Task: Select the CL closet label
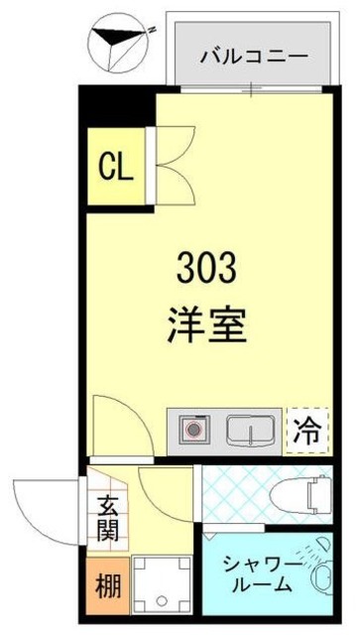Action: (x=114, y=167)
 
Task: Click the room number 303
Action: (x=206, y=268)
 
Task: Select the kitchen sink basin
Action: (x=249, y=431)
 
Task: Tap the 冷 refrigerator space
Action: (x=307, y=431)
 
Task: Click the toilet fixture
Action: (x=312, y=493)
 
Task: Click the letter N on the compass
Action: (x=153, y=31)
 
